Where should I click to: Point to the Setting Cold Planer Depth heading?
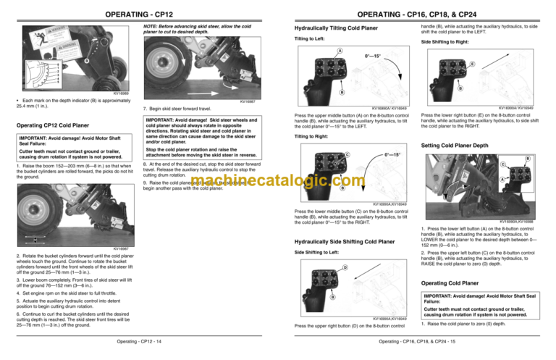[x=460, y=145]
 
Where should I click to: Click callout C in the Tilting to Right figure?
[x=347, y=154]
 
